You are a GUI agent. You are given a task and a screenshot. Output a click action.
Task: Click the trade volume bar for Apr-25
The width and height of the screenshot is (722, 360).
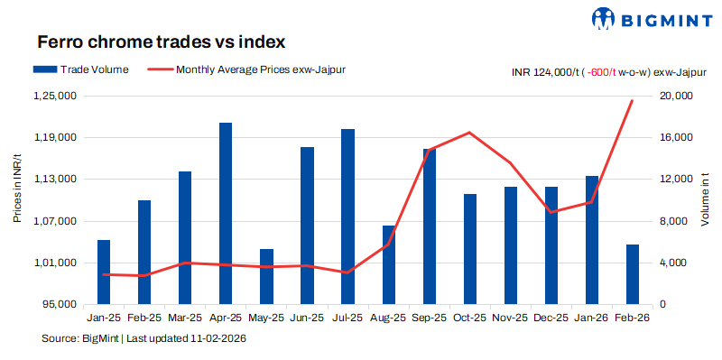tap(226, 214)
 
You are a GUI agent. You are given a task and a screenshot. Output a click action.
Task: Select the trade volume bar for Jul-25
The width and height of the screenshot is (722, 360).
tap(347, 217)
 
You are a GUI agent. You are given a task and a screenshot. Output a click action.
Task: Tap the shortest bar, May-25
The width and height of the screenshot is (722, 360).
tap(266, 276)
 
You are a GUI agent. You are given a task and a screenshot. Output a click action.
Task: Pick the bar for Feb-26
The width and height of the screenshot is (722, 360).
tap(633, 274)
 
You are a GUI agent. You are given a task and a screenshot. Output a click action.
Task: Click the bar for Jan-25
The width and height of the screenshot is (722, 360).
tap(104, 272)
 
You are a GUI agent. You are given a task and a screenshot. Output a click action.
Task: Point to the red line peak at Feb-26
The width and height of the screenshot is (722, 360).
tap(632, 100)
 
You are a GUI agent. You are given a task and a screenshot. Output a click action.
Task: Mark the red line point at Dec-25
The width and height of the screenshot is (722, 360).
tap(551, 212)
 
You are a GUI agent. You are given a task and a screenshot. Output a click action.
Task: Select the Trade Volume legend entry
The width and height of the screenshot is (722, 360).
tap(80, 69)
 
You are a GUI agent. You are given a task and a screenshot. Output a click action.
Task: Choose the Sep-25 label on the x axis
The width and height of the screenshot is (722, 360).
tap(429, 318)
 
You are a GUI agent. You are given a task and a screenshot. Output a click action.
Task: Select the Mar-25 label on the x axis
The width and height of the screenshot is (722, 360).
tap(184, 318)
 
